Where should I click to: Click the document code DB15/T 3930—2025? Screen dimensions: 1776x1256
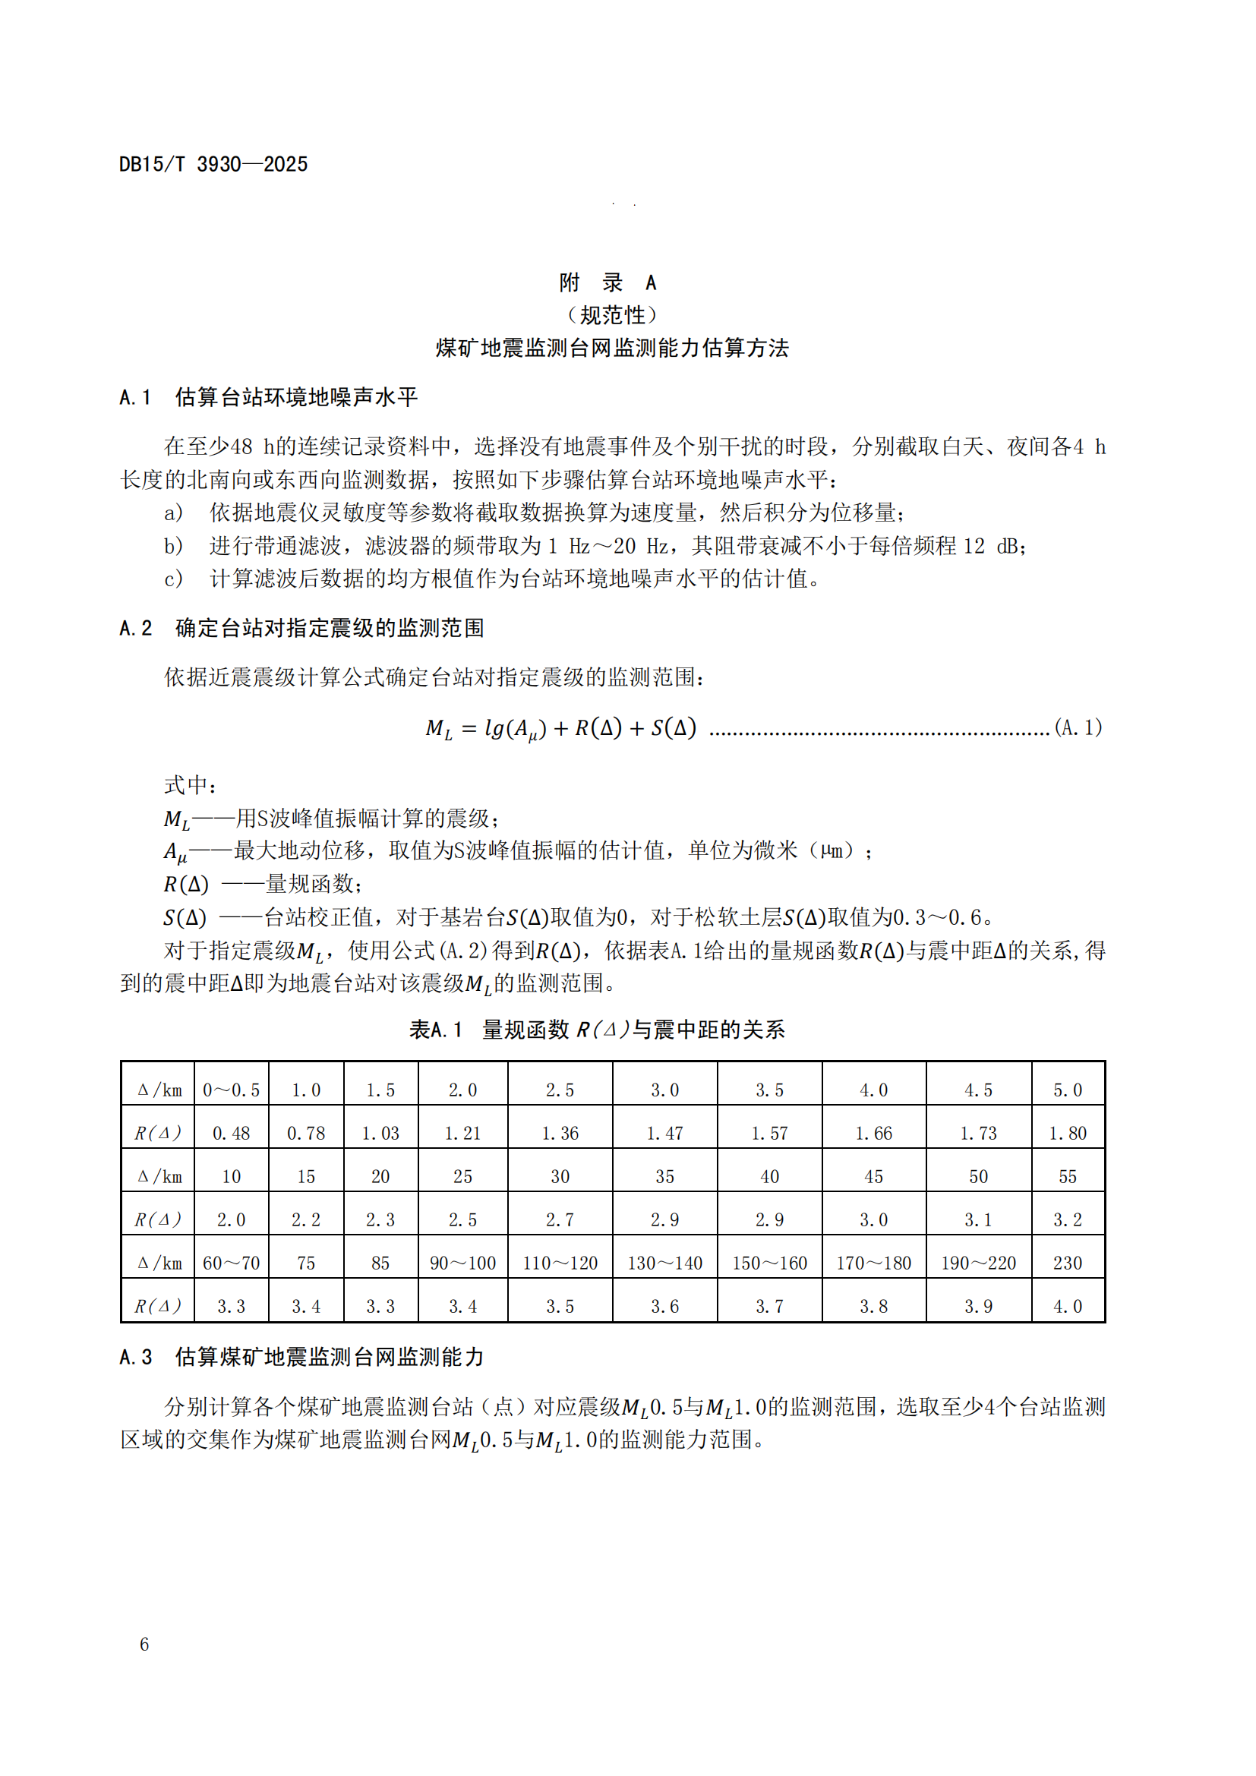click(213, 164)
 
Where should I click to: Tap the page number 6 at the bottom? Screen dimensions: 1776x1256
click(144, 1645)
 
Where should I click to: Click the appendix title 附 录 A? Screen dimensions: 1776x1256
click(608, 283)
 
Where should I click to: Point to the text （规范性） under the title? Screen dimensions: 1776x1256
click(611, 316)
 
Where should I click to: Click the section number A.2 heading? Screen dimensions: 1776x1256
click(136, 628)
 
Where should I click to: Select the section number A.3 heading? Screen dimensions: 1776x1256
click(136, 1357)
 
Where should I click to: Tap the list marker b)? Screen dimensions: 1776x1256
click(173, 546)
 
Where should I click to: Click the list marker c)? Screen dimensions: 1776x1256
click(173, 579)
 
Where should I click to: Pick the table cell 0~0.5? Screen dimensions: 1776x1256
click(232, 1090)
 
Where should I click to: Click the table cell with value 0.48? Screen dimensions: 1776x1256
click(232, 1133)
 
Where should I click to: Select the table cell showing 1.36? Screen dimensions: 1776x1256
click(560, 1133)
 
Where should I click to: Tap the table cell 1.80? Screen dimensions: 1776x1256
click(1067, 1133)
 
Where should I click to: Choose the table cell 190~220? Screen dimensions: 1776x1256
click(978, 1263)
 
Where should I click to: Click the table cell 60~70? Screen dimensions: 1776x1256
click(232, 1263)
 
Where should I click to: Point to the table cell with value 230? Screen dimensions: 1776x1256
click(1067, 1263)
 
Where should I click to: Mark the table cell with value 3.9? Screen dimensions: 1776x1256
click(978, 1307)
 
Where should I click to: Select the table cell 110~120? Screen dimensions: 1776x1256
click(560, 1263)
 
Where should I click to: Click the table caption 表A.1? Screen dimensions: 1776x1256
click(435, 1030)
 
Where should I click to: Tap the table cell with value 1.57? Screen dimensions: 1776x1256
click(769, 1133)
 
